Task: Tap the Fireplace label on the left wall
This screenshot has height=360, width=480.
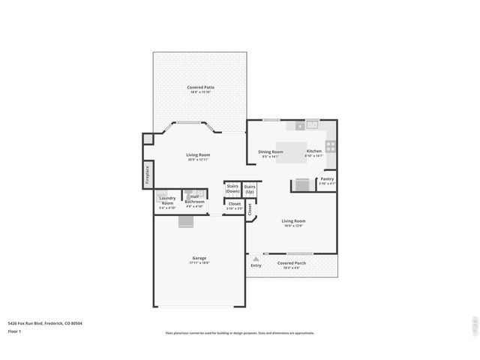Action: tap(148, 174)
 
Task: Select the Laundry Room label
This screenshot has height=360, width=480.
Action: tap(167, 200)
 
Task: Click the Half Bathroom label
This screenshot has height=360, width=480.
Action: tap(194, 199)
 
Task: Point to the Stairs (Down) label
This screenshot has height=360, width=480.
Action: tap(232, 188)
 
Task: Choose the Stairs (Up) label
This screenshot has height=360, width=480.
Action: tap(250, 188)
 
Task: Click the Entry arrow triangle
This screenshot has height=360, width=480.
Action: tap(256, 258)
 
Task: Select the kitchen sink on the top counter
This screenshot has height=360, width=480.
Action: tap(312, 124)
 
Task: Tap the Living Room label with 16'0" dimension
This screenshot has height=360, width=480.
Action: tap(293, 222)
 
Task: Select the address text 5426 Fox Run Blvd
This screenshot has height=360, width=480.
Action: tap(45, 323)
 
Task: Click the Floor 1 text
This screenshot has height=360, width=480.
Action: tap(14, 331)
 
